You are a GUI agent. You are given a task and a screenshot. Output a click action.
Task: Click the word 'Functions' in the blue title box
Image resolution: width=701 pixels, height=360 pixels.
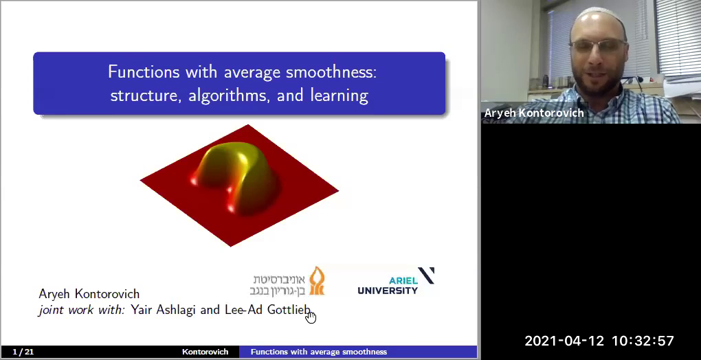coord(140,71)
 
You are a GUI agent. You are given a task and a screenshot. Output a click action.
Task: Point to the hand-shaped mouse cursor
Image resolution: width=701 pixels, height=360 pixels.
coord(311,317)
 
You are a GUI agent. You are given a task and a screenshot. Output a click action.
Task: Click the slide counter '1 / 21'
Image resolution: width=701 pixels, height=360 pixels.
coord(23,352)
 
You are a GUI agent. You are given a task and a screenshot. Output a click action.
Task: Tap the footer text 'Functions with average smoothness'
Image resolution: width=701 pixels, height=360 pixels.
coord(318,352)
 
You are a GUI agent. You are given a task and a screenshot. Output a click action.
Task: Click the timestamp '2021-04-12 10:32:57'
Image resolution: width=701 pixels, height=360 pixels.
coord(599,341)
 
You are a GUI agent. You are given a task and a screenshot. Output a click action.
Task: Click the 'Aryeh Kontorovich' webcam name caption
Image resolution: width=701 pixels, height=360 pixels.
coord(534,113)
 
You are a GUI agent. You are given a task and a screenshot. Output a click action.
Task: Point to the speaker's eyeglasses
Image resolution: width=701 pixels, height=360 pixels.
coord(597,46)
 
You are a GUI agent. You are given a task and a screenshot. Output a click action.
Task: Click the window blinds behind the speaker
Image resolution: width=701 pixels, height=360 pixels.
coord(676,34)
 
